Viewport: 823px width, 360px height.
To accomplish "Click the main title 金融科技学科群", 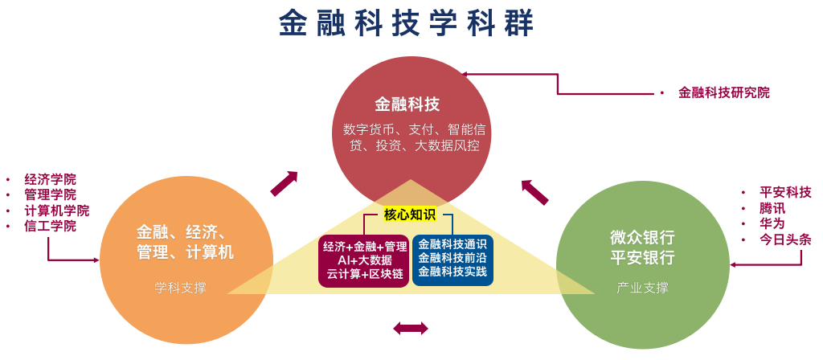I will point(407,23).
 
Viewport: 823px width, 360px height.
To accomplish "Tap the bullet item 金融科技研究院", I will point(723,92).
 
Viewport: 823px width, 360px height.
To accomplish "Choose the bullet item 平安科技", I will point(785,192).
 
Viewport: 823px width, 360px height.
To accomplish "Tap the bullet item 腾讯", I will point(772,208).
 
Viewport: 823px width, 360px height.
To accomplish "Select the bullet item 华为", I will point(772,223).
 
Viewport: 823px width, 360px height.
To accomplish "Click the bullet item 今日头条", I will point(785,239).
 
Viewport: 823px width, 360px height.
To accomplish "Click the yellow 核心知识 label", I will point(409,215).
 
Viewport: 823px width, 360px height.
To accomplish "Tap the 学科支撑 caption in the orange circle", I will point(180,287).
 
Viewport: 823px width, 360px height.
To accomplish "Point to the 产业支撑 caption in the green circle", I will point(642,287).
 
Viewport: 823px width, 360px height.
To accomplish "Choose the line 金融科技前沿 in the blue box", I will point(452,259).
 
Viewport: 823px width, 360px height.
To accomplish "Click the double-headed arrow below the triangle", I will point(411,328).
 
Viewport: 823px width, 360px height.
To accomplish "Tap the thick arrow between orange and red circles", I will point(284,183).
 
